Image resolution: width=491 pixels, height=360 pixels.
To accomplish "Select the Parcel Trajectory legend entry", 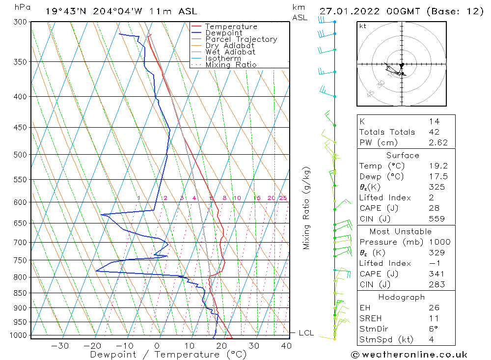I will coord(241,39).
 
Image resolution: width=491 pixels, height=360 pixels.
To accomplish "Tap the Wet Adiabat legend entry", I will coord(230,52).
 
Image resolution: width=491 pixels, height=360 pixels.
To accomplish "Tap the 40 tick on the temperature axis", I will coord(285,346).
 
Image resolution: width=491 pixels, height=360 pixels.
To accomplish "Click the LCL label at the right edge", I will coord(306,333).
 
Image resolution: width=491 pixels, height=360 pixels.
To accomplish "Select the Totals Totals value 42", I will coord(434,132).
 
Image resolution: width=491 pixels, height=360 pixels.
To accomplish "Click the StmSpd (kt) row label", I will coord(386,339).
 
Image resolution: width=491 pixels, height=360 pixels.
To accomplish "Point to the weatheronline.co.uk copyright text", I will coord(409,355).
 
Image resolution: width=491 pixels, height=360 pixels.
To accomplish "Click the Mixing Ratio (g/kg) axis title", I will coord(307,208).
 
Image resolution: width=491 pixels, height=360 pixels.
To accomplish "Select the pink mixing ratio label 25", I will coord(283,198).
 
